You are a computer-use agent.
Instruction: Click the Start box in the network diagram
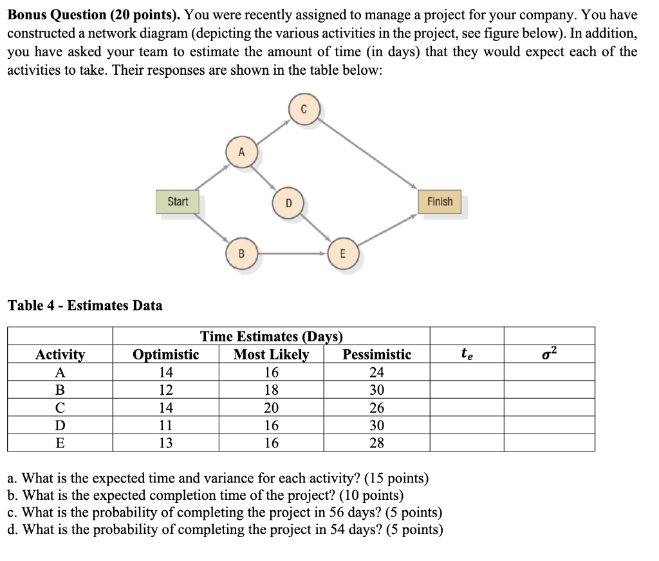(x=178, y=202)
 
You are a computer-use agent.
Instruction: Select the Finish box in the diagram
(x=440, y=202)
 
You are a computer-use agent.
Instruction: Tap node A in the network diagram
(x=241, y=153)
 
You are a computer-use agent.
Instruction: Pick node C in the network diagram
(x=305, y=109)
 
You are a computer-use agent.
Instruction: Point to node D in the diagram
(x=288, y=203)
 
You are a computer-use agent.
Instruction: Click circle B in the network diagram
(x=241, y=253)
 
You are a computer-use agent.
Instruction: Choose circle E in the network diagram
(x=342, y=253)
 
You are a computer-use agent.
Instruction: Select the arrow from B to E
(x=293, y=253)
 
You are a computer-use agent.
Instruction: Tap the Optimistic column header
(x=165, y=354)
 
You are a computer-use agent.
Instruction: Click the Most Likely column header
(x=271, y=354)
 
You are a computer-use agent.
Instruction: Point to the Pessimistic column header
(x=376, y=354)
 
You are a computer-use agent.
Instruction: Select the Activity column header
(x=60, y=354)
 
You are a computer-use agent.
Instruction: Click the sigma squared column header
(x=549, y=354)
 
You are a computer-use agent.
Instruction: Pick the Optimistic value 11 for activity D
(x=165, y=425)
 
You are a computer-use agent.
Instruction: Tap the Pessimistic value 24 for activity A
(x=376, y=372)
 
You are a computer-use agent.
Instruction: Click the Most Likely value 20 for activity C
(x=271, y=408)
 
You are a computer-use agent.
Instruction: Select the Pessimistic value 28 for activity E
(x=376, y=442)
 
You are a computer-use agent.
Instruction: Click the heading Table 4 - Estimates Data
(x=84, y=305)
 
